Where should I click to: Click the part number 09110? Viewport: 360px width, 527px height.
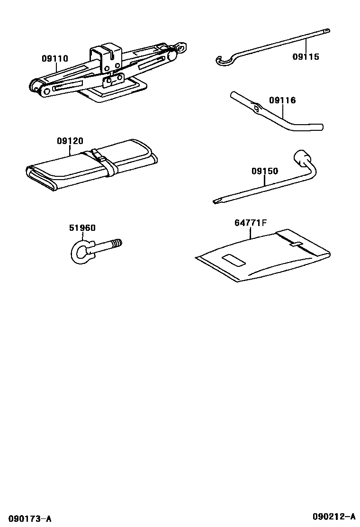[x=54, y=59]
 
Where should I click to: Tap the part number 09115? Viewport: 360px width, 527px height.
[x=306, y=57]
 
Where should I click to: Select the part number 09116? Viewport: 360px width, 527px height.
[x=282, y=100]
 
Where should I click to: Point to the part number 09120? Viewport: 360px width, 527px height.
[x=70, y=141]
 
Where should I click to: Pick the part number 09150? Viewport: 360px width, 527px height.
[x=265, y=172]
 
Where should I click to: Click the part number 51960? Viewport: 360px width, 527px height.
[x=82, y=228]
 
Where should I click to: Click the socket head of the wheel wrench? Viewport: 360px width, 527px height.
[x=302, y=157]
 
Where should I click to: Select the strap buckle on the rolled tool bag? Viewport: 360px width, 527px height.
[x=96, y=154]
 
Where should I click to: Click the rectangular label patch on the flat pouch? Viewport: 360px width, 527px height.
[x=232, y=260]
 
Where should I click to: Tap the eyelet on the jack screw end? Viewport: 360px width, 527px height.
[x=180, y=46]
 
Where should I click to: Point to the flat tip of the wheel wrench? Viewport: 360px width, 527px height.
[x=218, y=201]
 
